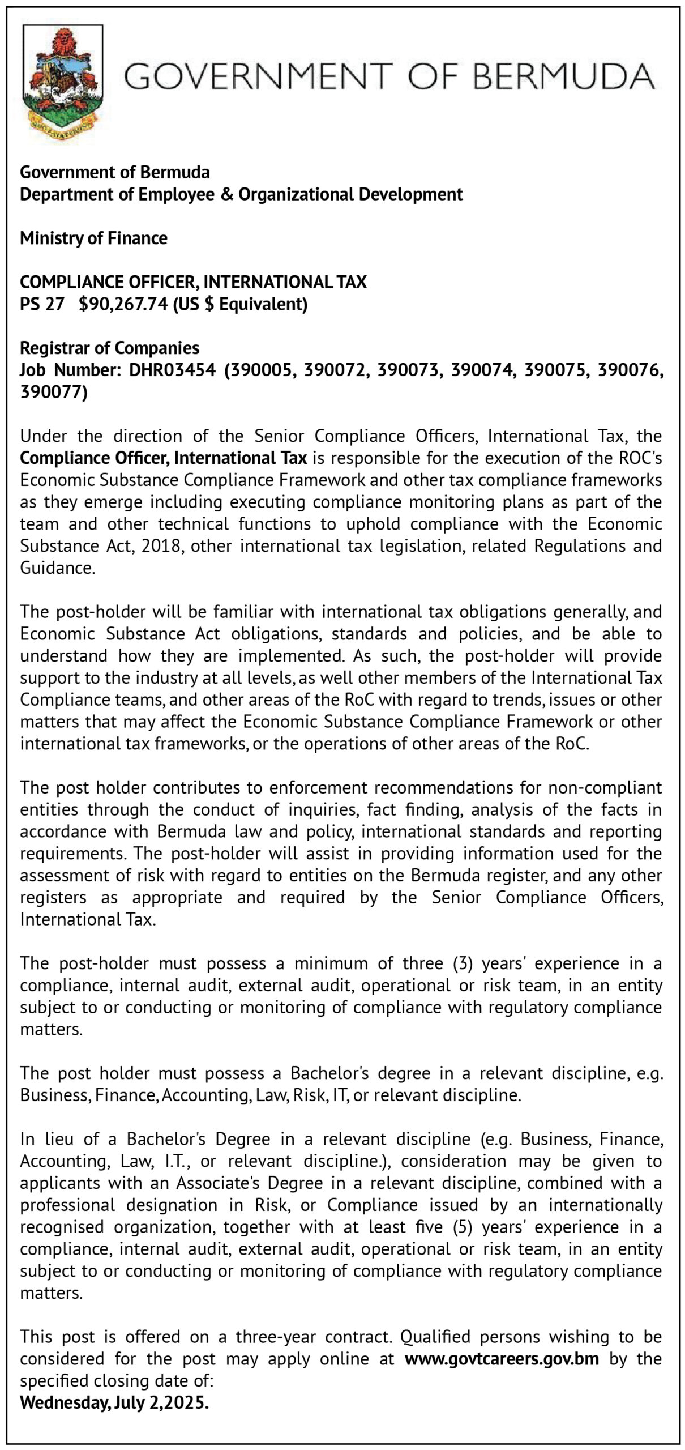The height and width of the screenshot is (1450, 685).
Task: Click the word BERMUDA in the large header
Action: pyautogui.click(x=563, y=77)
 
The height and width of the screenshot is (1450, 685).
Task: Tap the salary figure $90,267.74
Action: pyautogui.click(x=123, y=304)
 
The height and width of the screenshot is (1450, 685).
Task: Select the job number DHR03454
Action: pyautogui.click(x=173, y=370)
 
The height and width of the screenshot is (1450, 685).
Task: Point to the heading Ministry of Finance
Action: pyautogui.click(x=93, y=238)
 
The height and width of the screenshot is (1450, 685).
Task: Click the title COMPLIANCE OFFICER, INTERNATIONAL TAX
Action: pyautogui.click(x=193, y=282)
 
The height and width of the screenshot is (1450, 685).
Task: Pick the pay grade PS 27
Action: pyautogui.click(x=42, y=304)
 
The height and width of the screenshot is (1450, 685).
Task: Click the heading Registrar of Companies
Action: pyautogui.click(x=109, y=348)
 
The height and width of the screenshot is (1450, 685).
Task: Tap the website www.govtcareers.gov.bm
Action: pyautogui.click(x=502, y=1358)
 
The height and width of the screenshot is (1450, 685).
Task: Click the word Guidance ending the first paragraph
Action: pyautogui.click(x=57, y=568)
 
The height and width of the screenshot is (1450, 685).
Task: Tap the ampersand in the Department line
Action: pyautogui.click(x=226, y=194)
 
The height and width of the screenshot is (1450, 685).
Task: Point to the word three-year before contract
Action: pyautogui.click(x=277, y=1337)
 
